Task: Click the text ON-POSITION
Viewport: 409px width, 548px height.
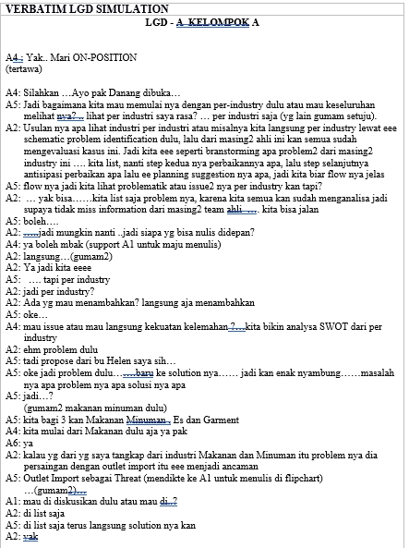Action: click(x=103, y=57)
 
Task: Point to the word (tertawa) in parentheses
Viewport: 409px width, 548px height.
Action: click(x=23, y=68)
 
